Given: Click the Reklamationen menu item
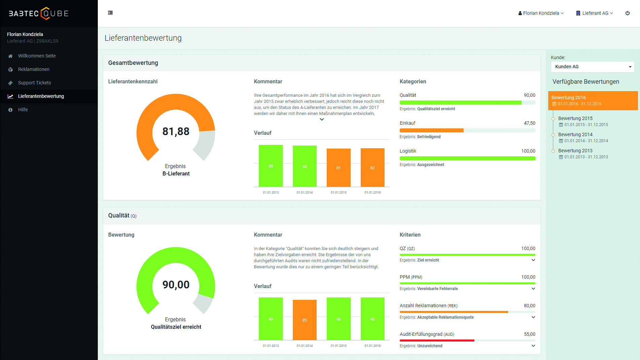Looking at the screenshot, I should coord(34,69).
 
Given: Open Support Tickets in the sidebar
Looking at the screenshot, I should coord(34,83).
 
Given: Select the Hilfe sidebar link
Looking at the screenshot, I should coord(23,110).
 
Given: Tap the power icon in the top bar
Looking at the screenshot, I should coord(627,13).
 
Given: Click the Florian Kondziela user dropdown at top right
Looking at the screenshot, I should coord(541,13).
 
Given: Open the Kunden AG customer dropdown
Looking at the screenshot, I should coord(592,67).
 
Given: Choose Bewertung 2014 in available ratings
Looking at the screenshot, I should coord(575,134).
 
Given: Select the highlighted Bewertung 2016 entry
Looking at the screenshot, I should coord(593,101).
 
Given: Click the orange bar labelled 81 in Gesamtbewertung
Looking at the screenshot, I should coord(338,167).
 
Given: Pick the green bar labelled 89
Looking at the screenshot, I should coord(271,166).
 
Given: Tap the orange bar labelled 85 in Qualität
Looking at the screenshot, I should coord(305,320).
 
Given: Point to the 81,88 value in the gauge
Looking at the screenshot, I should coord(176,131).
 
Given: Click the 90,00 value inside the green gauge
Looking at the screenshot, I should coord(176,285).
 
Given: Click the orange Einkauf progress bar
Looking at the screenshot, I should coord(431,130).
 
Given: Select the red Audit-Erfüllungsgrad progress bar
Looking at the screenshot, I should coord(437,341).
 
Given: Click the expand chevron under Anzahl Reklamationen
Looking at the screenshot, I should coord(533,317).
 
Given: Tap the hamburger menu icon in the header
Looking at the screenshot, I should coord(110,13).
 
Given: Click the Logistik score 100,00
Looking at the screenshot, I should coord(528,151).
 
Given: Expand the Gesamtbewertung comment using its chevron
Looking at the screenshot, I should coord(322,119).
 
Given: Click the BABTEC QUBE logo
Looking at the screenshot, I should coord(39,13).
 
